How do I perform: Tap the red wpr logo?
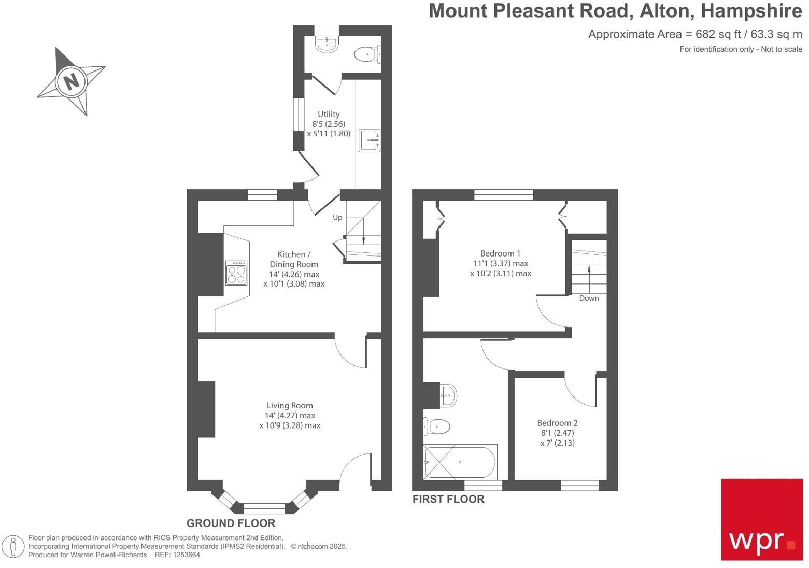(x=762, y=519)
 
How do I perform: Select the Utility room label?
(x=329, y=114)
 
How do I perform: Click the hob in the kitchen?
(x=236, y=273)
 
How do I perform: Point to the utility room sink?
(x=370, y=140)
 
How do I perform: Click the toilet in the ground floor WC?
(x=367, y=54)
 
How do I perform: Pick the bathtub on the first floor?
(x=460, y=462)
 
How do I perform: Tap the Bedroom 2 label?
(x=557, y=423)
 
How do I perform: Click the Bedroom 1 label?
(x=500, y=253)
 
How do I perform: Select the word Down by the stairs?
(x=589, y=298)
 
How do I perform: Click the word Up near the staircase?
(x=337, y=218)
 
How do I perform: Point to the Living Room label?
(x=290, y=406)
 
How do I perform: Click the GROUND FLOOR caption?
(x=231, y=523)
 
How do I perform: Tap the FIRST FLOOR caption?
(x=448, y=499)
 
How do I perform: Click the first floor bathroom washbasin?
(x=447, y=395)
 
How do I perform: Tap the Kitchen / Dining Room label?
(x=294, y=259)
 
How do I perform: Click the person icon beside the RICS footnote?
(x=13, y=547)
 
